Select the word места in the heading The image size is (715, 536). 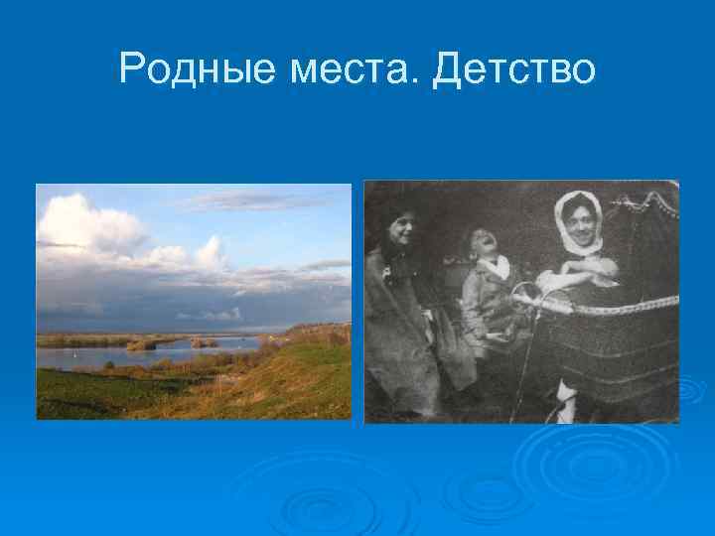tap(364, 68)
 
